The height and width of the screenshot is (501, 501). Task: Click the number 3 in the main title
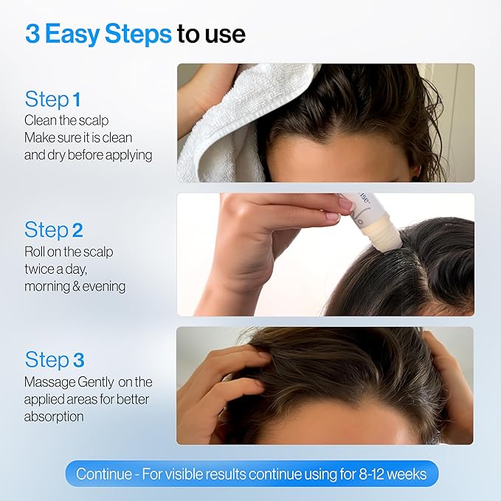point(32,34)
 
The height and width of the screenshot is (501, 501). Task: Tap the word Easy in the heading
point(72,35)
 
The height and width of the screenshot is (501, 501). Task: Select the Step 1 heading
point(52,99)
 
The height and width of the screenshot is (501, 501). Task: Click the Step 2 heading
point(52,229)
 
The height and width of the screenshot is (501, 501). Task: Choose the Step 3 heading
point(54,360)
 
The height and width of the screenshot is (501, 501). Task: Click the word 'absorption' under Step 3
point(54,416)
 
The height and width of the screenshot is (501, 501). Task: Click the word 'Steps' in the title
point(136,35)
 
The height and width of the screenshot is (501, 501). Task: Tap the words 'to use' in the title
point(211,35)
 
